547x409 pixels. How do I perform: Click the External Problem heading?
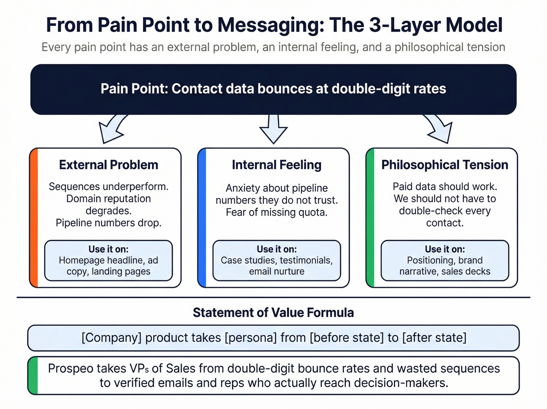click(109, 165)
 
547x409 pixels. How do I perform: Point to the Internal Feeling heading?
click(277, 165)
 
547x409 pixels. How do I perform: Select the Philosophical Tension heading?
click(445, 165)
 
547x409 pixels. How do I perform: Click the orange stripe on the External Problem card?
click(34, 218)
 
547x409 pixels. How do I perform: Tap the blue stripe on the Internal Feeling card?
click(202, 218)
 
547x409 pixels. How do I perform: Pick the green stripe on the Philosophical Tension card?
click(370, 218)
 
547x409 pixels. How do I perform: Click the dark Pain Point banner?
click(273, 89)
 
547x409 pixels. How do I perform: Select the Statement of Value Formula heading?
click(273, 312)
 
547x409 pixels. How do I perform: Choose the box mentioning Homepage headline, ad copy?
click(109, 261)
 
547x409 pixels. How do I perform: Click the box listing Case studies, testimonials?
click(277, 261)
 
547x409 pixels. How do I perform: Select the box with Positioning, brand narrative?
click(445, 261)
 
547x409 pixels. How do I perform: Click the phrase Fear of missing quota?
click(277, 212)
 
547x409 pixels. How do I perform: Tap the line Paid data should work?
click(445, 186)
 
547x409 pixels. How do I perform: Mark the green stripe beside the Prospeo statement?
click(33, 375)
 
